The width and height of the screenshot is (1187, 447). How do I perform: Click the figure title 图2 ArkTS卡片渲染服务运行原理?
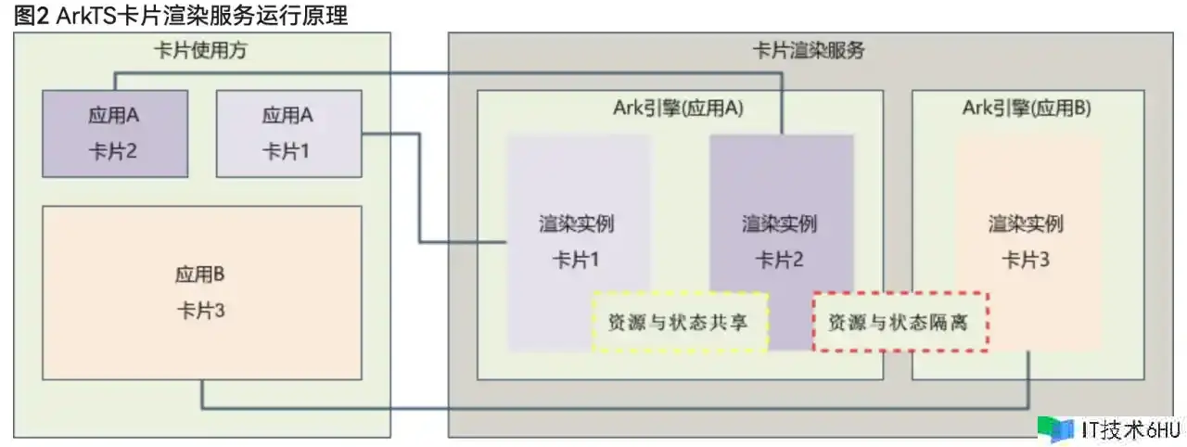182,15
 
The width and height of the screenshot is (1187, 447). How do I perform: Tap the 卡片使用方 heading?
201,51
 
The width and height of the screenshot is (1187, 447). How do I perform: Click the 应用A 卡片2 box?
115,133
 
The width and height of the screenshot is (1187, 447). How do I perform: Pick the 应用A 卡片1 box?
288,133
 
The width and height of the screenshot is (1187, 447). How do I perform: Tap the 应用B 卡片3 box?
201,292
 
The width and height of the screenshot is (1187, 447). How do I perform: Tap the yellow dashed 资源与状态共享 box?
680,323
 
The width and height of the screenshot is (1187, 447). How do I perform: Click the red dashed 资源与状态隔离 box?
900,323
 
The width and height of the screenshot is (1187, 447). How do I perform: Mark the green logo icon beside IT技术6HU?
1056,428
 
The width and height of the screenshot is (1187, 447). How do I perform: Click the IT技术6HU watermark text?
1130,429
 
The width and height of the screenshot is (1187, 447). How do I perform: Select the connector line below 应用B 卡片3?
612,408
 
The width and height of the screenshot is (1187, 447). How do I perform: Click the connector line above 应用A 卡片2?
445,73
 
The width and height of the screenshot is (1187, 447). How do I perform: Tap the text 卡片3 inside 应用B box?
201,311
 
